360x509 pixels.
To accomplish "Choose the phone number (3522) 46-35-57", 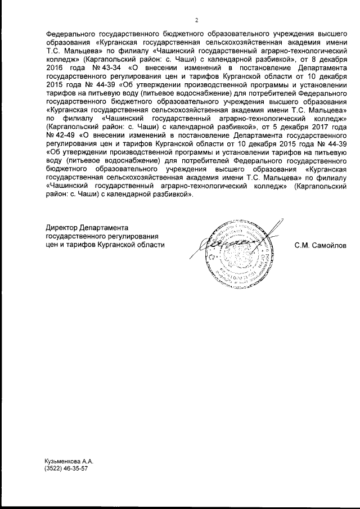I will pyautogui.click(x=66, y=469).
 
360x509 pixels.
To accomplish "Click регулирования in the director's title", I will pyautogui.click(x=137, y=236).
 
